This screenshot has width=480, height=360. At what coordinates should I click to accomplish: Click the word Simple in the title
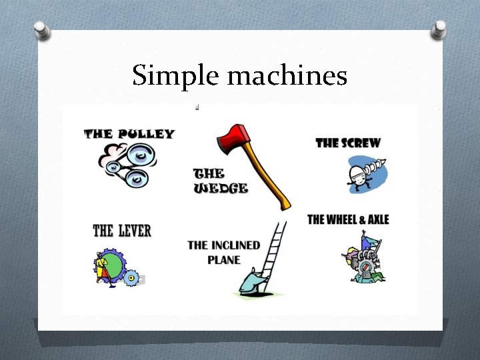tap(176, 76)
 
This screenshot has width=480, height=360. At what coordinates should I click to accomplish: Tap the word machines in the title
tap(287, 76)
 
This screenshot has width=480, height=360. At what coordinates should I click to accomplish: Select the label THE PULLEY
tap(129, 133)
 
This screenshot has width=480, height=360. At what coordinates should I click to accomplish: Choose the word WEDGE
tap(221, 188)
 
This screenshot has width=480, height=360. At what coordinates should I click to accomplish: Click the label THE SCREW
tap(347, 143)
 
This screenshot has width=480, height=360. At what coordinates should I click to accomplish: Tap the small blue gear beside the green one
tap(131, 276)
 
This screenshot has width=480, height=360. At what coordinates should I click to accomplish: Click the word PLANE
tap(224, 259)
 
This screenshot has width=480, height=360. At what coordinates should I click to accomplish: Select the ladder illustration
tap(275, 247)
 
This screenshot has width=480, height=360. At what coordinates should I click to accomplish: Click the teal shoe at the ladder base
tap(257, 283)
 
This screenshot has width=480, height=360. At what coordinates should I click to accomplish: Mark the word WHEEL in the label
tap(343, 219)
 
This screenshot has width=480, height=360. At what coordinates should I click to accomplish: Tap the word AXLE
tap(377, 219)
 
